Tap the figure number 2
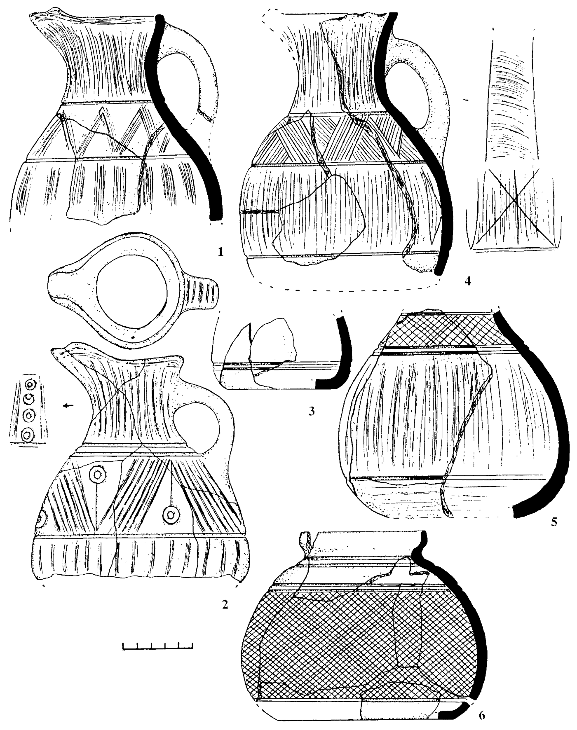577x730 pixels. (224, 605)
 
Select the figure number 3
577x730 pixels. (312, 411)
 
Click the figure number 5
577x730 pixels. (554, 523)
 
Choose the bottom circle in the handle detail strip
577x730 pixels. (28, 435)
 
